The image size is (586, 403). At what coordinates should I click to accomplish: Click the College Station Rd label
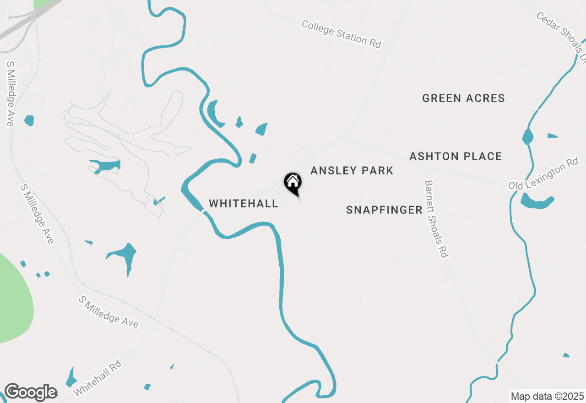(x=341, y=33)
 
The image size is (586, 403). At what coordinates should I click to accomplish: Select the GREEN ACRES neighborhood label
(x=463, y=98)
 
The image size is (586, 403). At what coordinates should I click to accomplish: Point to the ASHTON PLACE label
(x=456, y=157)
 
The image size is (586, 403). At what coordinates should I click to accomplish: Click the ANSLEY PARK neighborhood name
(x=352, y=171)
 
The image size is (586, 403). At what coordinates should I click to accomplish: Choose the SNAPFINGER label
(x=384, y=210)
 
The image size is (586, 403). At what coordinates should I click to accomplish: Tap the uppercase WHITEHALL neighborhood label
(x=244, y=204)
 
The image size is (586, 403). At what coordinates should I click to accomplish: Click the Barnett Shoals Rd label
(x=435, y=218)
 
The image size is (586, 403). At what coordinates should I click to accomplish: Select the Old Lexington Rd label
(x=544, y=174)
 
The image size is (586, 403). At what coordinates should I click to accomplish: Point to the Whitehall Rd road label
(x=98, y=378)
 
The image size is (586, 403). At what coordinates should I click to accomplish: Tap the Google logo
(x=31, y=392)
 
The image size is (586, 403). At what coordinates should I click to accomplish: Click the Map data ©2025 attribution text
(x=547, y=396)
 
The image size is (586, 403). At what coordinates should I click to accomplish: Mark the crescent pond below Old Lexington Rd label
(x=537, y=202)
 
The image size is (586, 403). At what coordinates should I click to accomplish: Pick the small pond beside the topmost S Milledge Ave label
(x=29, y=120)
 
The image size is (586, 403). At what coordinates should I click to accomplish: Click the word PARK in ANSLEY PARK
(x=376, y=171)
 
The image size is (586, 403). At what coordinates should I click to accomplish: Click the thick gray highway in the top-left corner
(x=27, y=21)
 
